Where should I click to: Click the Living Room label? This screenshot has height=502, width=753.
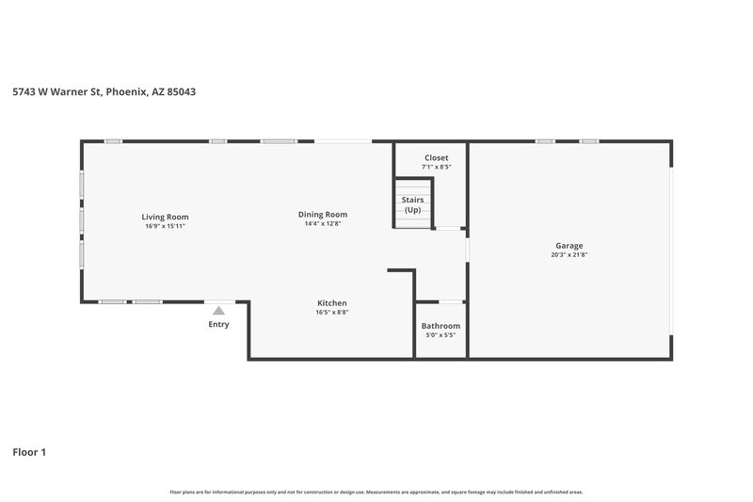166,217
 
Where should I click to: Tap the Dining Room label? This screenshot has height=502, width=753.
323,214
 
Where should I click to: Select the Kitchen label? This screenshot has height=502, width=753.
331,303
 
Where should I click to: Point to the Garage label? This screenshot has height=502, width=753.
569,245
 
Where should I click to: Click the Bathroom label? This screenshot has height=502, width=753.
441,325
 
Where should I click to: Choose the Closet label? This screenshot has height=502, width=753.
436,157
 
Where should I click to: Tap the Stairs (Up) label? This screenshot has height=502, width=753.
412,204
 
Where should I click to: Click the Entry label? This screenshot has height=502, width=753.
218,324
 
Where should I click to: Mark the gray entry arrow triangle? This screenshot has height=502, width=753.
218,310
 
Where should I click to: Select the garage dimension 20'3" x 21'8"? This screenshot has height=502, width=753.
569,254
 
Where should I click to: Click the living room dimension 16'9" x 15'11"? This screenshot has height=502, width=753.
166,226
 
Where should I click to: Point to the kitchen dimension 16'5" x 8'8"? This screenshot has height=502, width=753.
331,313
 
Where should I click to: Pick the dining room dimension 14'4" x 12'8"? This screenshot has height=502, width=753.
323,223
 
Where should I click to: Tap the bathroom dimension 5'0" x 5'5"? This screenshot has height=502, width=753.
441,334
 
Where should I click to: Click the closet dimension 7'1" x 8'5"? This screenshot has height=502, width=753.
436,167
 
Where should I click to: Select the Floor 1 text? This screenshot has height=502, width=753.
29,452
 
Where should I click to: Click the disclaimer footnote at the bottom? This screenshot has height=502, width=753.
376,492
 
